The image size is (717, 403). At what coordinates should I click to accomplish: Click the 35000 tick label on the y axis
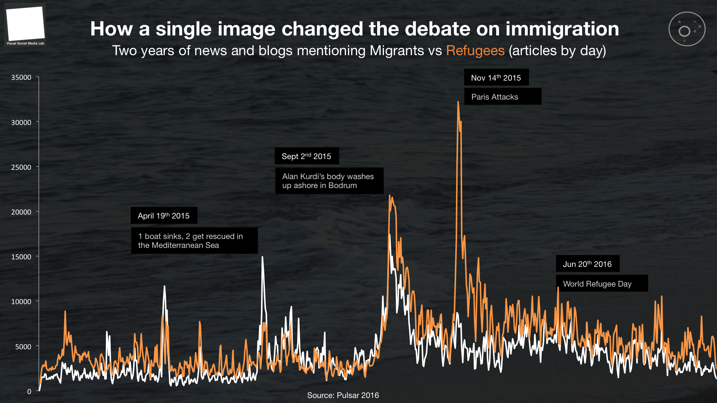[21, 77]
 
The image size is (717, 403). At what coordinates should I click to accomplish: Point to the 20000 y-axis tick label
[21, 212]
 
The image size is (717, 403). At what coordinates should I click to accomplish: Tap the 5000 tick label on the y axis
[23, 347]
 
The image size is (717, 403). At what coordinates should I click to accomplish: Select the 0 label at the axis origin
[29, 392]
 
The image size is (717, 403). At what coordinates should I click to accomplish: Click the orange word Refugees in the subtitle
[475, 51]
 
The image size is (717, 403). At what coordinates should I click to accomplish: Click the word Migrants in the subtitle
[397, 51]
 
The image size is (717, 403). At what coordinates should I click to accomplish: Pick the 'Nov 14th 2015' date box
[496, 77]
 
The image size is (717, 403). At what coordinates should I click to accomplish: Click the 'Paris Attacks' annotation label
[502, 97]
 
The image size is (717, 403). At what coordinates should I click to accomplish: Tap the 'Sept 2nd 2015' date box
[307, 156]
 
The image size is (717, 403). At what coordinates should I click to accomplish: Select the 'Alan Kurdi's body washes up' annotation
[329, 181]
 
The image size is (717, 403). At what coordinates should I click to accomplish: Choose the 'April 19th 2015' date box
[164, 216]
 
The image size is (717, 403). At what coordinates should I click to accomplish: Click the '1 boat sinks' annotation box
[194, 241]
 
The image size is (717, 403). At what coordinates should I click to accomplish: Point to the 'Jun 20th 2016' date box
[587, 264]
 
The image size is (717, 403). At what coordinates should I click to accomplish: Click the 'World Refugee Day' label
[602, 284]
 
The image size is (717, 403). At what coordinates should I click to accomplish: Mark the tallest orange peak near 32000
[458, 102]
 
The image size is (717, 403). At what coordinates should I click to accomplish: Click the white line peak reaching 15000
[262, 257]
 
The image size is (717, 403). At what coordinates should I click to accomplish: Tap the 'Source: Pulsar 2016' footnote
[343, 395]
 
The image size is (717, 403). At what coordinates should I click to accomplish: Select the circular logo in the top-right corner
[687, 29]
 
